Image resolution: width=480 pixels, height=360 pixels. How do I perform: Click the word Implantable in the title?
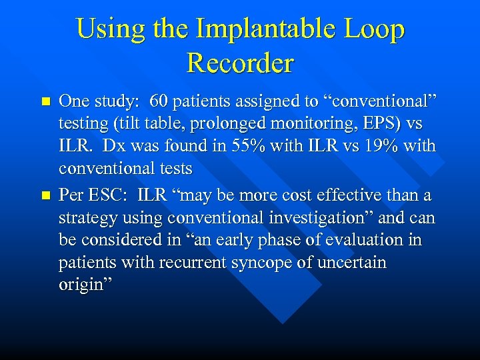[x=275, y=29]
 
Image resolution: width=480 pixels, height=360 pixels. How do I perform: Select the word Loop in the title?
[x=375, y=29]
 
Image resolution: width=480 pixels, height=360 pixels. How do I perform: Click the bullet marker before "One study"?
[x=45, y=102]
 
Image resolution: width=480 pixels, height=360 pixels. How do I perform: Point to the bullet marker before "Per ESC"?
[x=45, y=196]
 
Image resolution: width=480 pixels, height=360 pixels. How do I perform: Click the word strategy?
[x=86, y=218]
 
